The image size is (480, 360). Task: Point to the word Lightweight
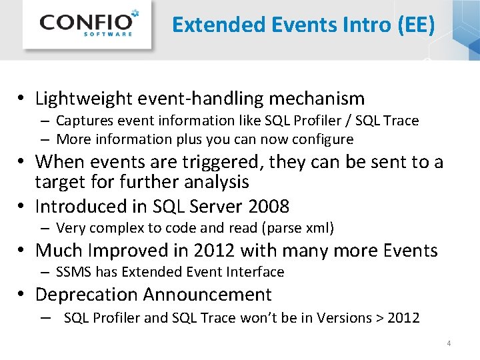[84, 99]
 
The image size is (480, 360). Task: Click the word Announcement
[207, 295]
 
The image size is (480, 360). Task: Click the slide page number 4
[449, 343]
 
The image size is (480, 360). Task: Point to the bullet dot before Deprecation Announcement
[22, 295]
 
